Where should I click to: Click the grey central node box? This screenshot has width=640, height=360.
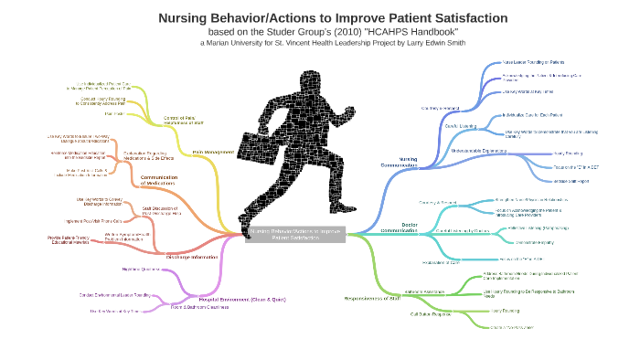[294, 234]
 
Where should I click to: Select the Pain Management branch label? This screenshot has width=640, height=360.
[213, 151]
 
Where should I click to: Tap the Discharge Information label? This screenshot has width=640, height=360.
[193, 257]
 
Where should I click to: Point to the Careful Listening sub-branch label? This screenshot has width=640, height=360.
[462, 125]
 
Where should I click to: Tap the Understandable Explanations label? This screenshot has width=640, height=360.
[479, 150]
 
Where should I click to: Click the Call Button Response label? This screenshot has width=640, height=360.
[431, 313]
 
